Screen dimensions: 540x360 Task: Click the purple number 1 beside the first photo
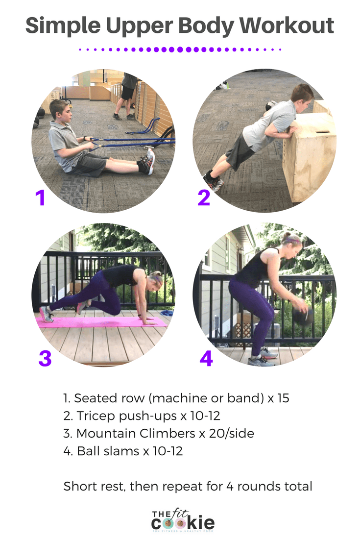pyautogui.click(x=40, y=198)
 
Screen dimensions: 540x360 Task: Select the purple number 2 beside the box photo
pyautogui.click(x=204, y=198)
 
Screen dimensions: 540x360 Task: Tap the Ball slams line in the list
pyautogui.click(x=123, y=451)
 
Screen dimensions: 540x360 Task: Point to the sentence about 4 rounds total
pyautogui.click(x=188, y=487)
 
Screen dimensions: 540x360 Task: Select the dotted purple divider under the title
pyautogui.click(x=180, y=49)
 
